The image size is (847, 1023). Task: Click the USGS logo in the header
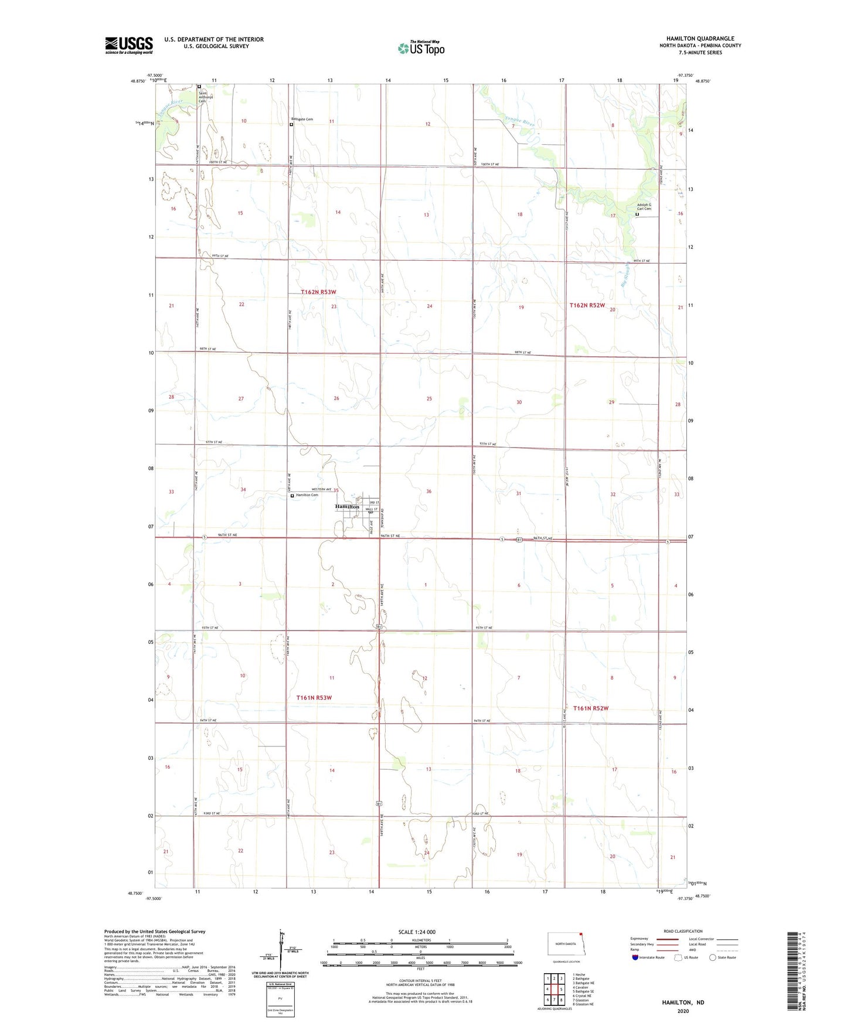click(129, 45)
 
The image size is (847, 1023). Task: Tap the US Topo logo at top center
click(421, 47)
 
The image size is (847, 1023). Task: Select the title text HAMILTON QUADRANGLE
click(700, 39)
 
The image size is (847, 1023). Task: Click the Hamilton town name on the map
click(347, 506)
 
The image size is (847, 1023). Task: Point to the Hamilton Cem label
click(307, 495)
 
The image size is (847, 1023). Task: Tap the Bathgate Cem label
click(302, 120)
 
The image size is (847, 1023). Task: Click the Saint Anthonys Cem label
click(203, 97)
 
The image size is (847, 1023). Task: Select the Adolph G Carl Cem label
click(644, 207)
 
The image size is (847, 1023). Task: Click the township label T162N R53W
click(318, 292)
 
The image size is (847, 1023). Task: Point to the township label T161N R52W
click(591, 708)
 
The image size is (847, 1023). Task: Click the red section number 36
click(428, 492)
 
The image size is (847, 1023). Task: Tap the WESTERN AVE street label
click(321, 489)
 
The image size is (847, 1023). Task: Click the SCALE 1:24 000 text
click(417, 932)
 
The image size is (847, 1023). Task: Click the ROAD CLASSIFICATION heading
click(683, 931)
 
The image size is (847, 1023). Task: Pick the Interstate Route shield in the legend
click(635, 958)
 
